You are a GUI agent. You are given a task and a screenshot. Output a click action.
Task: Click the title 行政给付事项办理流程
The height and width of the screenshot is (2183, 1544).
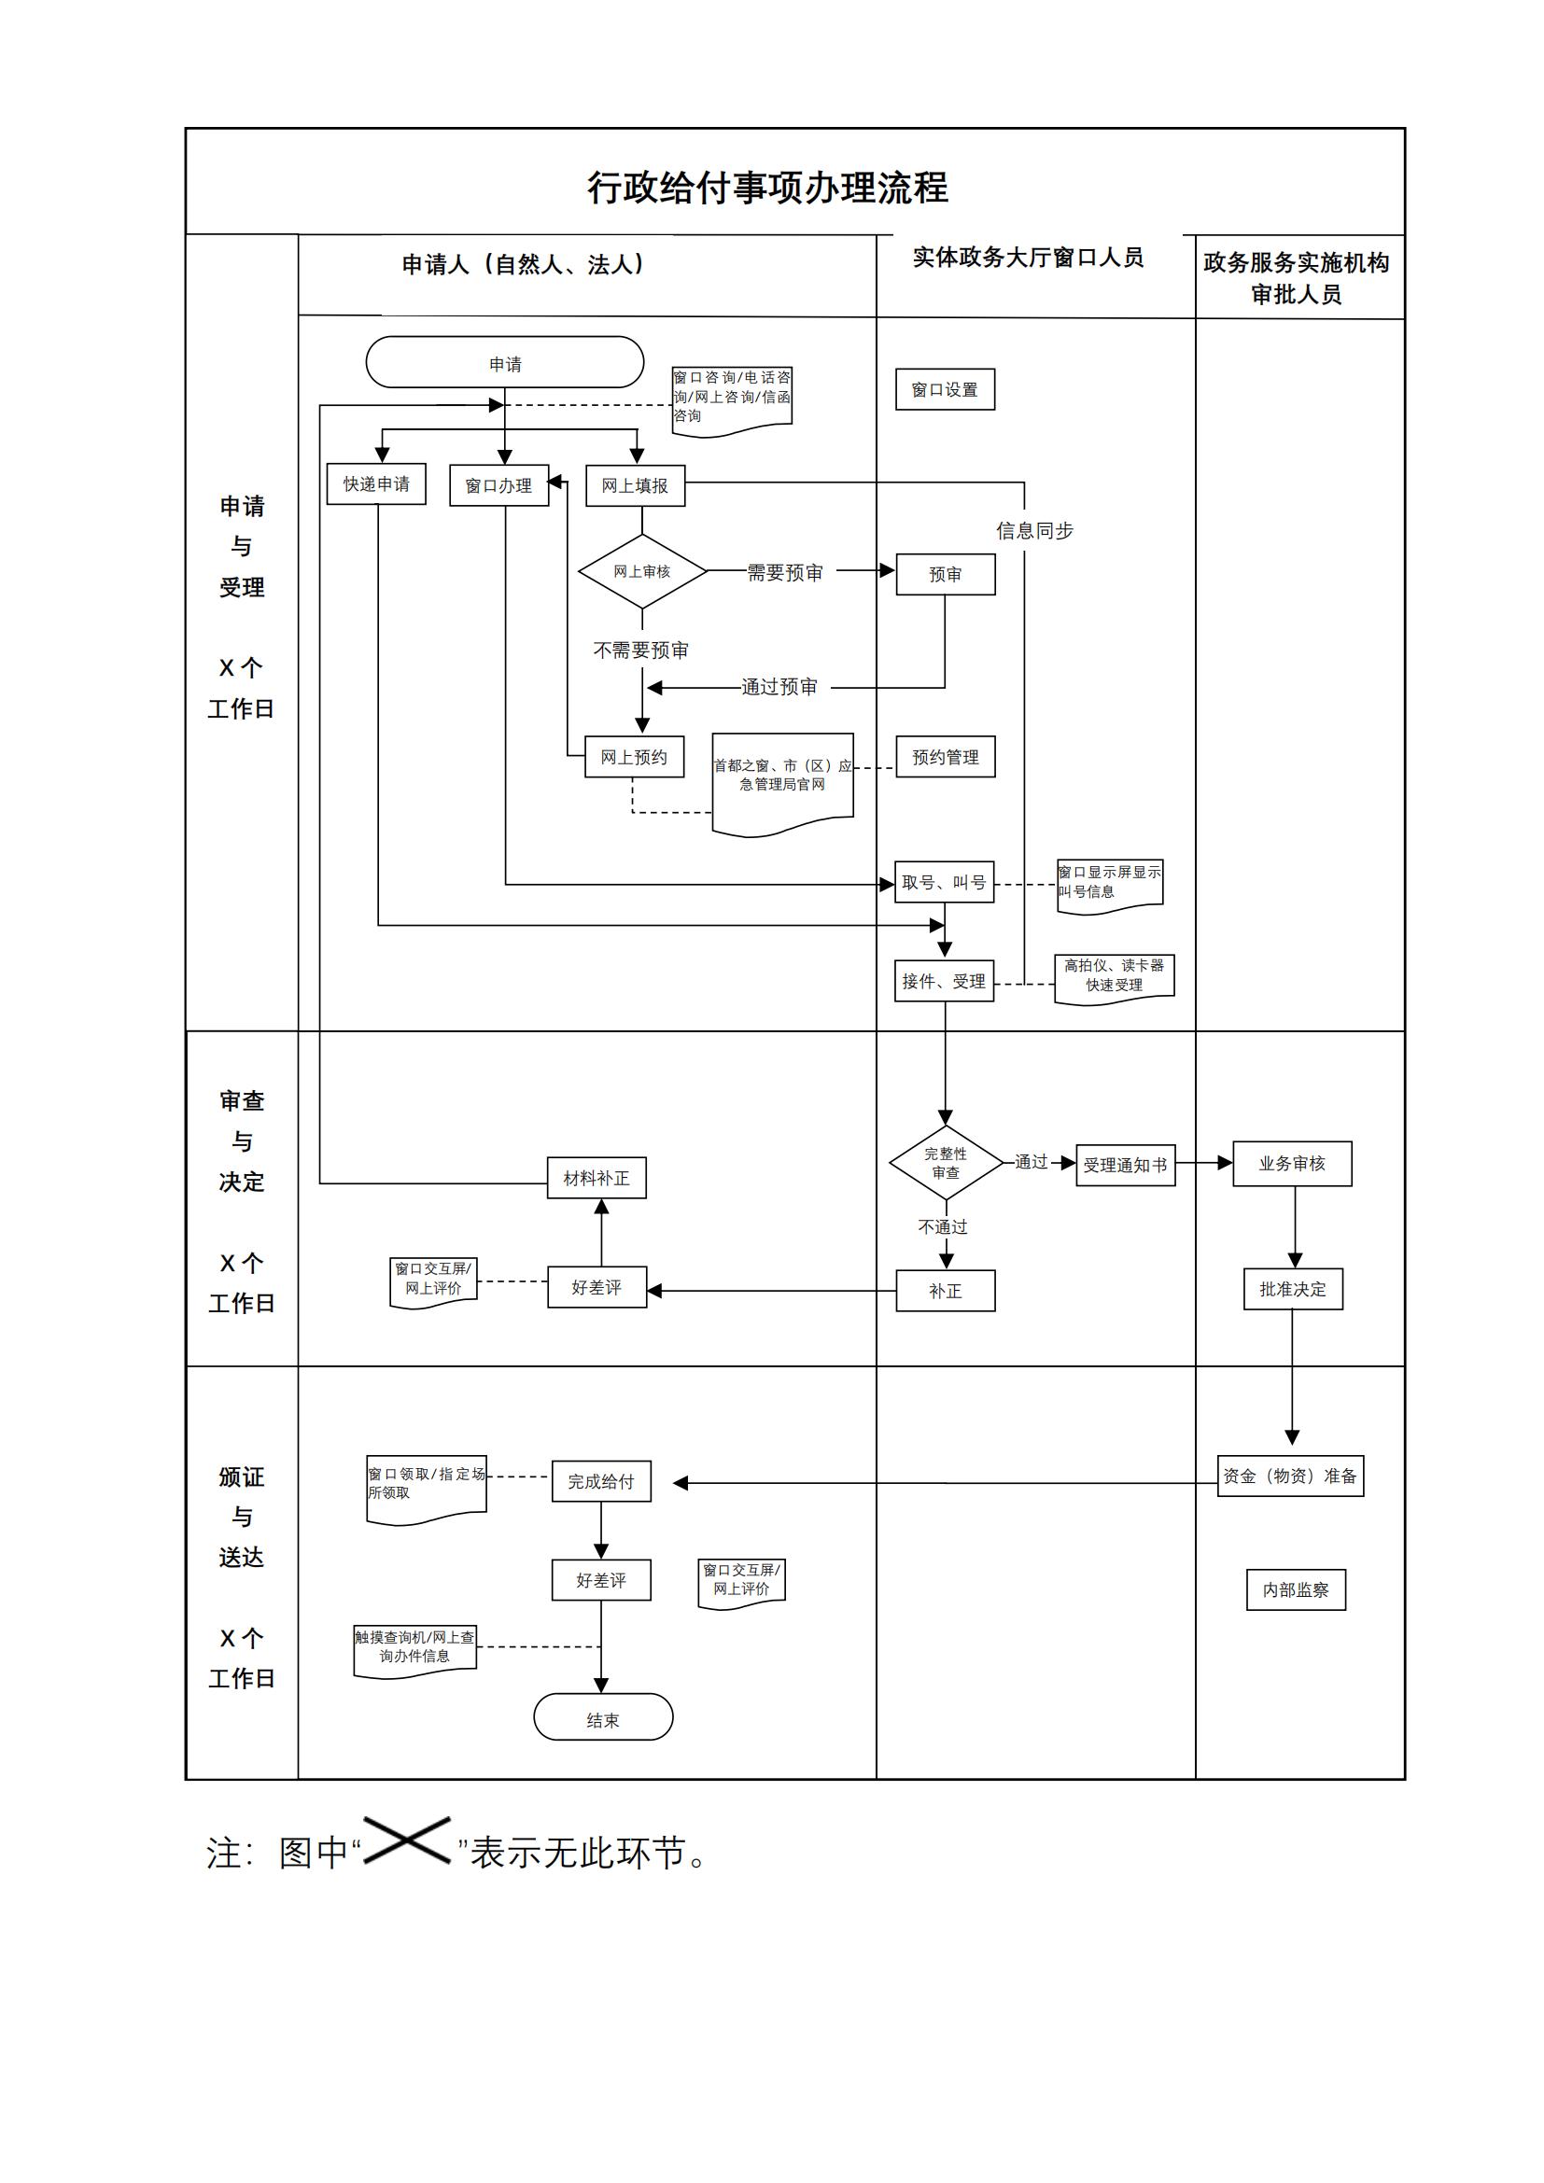point(767,188)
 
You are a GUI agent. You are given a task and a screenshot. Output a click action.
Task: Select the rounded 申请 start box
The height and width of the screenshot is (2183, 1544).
point(505,362)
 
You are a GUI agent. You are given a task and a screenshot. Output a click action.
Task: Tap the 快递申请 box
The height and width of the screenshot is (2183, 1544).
point(376,484)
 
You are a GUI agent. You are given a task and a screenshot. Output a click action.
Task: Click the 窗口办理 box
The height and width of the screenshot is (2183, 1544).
point(499,486)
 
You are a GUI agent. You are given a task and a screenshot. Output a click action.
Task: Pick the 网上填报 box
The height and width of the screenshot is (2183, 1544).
point(635,486)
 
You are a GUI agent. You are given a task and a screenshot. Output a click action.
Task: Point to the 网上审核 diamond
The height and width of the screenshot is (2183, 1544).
point(642,571)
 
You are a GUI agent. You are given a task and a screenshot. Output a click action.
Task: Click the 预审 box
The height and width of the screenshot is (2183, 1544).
point(945,574)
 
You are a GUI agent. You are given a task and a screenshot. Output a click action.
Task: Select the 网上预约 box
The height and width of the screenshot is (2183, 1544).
point(634,757)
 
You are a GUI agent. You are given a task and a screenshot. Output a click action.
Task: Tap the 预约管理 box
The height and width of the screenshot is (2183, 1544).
point(945,757)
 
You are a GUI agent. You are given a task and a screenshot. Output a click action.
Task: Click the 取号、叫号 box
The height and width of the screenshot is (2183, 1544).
point(944,882)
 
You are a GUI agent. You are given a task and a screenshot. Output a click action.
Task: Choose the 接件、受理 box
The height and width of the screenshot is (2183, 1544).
point(944,981)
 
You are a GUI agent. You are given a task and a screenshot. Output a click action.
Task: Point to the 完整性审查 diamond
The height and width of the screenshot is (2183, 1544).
point(946,1163)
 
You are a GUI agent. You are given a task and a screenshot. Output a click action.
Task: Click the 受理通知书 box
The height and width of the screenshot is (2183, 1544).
point(1126,1165)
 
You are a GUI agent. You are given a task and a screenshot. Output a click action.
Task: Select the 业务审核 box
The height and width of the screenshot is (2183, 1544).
point(1292,1164)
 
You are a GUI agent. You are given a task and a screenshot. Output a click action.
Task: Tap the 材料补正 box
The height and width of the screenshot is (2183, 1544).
point(597,1178)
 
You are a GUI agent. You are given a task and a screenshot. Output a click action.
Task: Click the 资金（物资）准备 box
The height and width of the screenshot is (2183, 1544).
point(1290,1476)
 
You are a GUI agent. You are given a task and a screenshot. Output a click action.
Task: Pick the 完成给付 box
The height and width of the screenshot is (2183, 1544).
point(602,1481)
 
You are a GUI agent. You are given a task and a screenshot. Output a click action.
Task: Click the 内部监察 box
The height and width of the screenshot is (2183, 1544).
point(1296,1589)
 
